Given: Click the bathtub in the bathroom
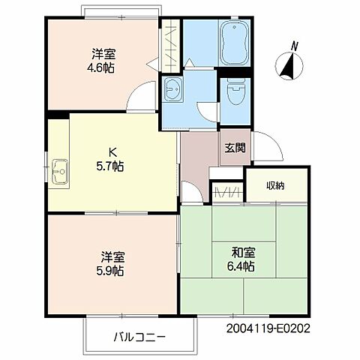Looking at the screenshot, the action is click(x=235, y=43).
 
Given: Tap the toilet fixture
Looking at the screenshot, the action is click(x=235, y=92).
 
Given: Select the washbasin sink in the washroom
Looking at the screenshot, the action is click(x=172, y=89).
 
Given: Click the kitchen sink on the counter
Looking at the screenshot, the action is click(x=60, y=172).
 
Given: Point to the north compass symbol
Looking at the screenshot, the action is click(x=289, y=66).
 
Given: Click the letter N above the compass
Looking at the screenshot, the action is click(x=295, y=46).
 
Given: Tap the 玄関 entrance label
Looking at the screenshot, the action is click(x=235, y=148).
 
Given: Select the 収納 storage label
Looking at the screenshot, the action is click(x=275, y=186).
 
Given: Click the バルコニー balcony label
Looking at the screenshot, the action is click(x=139, y=337).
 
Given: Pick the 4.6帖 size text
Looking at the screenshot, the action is click(x=100, y=67).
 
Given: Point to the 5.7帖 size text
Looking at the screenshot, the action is click(x=110, y=166).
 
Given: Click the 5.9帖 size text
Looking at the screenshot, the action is click(x=110, y=271).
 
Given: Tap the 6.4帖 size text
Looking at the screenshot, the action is click(x=241, y=266).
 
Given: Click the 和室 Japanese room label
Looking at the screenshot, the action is click(x=243, y=253).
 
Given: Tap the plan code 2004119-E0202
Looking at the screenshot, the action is click(x=268, y=328).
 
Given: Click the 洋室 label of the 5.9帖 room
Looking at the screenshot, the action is click(x=113, y=256).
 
